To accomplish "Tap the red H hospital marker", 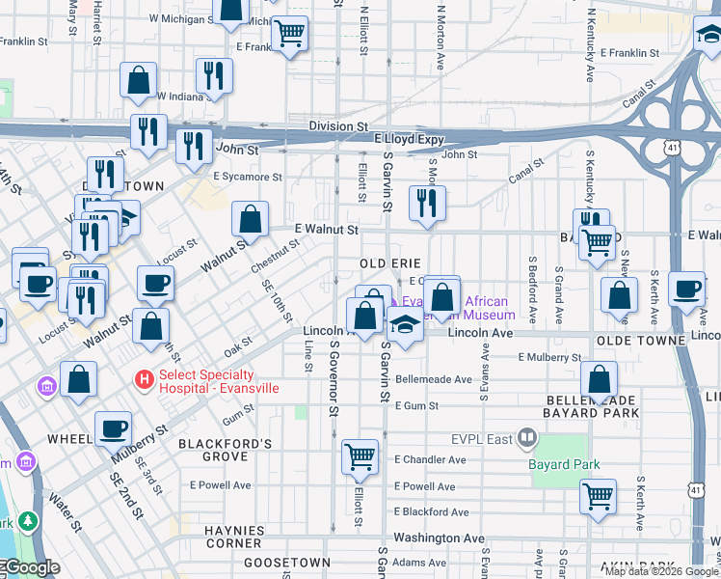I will [x=144, y=380].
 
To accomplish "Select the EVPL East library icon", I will [x=526, y=440].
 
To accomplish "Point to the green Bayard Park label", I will [x=564, y=464].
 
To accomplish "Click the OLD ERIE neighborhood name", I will [x=390, y=263].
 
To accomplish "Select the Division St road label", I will [x=338, y=126].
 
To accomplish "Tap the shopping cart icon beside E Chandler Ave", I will [x=360, y=455].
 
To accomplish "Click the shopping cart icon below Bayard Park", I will [x=599, y=496].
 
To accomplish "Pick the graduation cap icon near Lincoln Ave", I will [x=406, y=326].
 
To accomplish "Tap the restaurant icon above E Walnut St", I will [x=425, y=203].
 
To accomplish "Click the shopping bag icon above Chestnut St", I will [x=251, y=219].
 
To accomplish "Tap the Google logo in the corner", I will [x=31, y=568].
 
